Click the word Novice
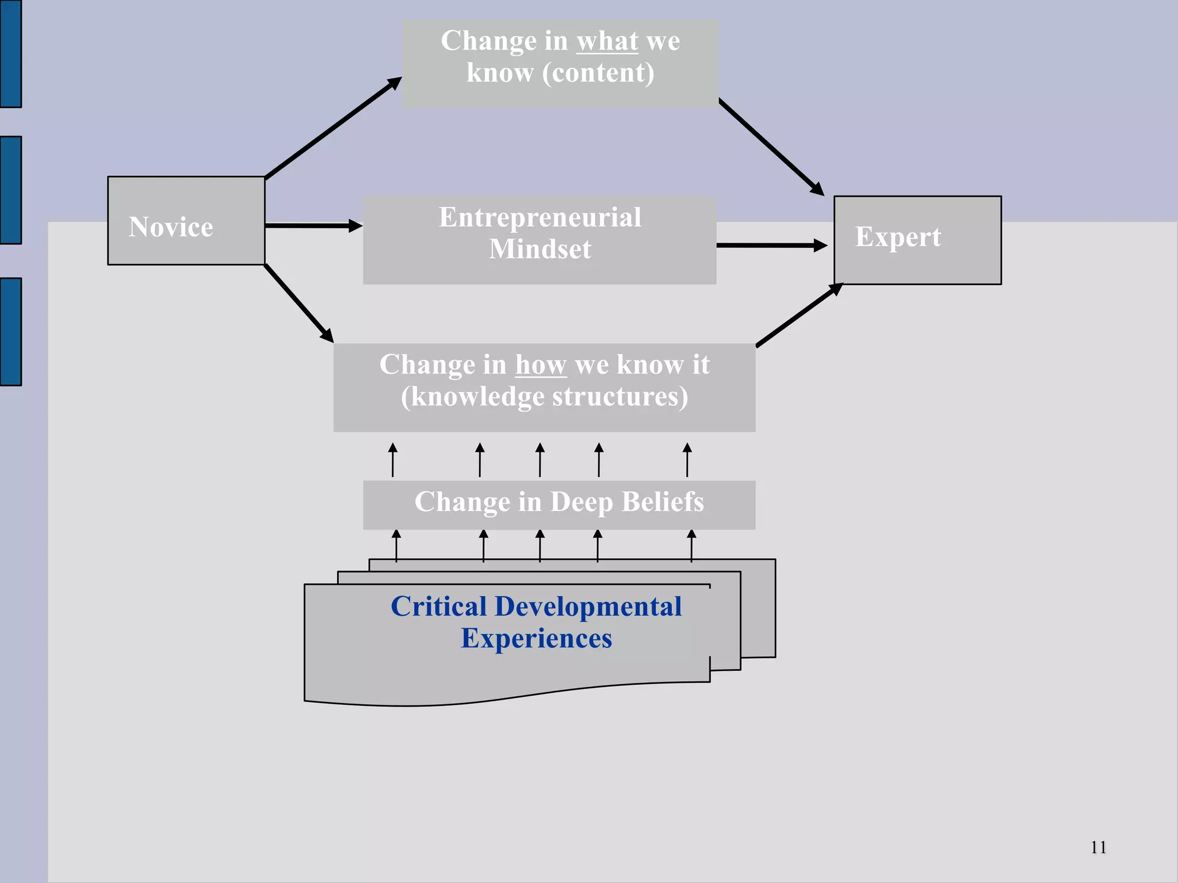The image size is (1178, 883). pyautogui.click(x=171, y=227)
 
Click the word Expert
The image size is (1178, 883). pyautogui.click(x=898, y=237)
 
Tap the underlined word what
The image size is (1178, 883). pyautogui.click(x=607, y=41)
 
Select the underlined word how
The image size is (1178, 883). pyautogui.click(x=541, y=365)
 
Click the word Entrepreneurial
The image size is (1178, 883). pyautogui.click(x=540, y=218)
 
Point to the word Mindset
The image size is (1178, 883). pyautogui.click(x=540, y=249)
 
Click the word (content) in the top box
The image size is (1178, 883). pyautogui.click(x=598, y=74)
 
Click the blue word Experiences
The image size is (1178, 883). pyautogui.click(x=536, y=639)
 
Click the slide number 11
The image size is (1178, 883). pyautogui.click(x=1098, y=847)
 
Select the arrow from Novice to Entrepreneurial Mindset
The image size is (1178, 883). pyautogui.click(x=313, y=226)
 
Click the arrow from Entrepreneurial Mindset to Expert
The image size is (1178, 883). pyautogui.click(x=771, y=245)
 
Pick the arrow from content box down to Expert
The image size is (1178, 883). pyautogui.click(x=771, y=147)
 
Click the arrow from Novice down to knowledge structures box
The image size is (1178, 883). pyautogui.click(x=299, y=304)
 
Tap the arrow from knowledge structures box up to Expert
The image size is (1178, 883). pyautogui.click(x=800, y=315)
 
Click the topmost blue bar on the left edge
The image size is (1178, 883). pyautogui.click(x=10, y=53)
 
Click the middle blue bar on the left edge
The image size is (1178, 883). pyautogui.click(x=10, y=190)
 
